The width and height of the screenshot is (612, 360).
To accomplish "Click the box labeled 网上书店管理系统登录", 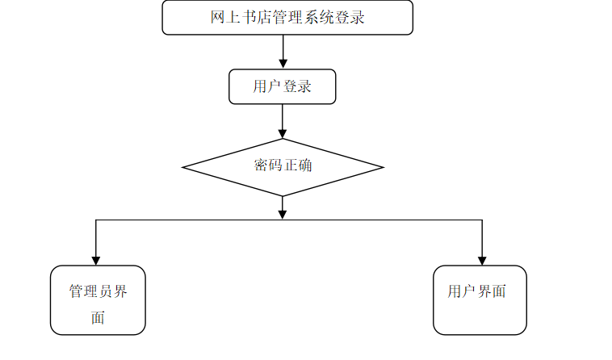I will pyautogui.click(x=287, y=18).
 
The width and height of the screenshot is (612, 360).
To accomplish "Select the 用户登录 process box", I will pyautogui.click(x=282, y=86).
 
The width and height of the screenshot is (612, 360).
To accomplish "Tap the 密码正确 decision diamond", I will pyautogui.click(x=283, y=167).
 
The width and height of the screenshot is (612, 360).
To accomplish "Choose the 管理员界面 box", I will pyautogui.click(x=98, y=300).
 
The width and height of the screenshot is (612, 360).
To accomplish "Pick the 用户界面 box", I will pyautogui.click(x=480, y=300).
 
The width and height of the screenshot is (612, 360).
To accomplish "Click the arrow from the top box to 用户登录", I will pyautogui.click(x=283, y=52).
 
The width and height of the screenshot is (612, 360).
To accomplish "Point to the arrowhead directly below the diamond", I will pyautogui.click(x=283, y=213).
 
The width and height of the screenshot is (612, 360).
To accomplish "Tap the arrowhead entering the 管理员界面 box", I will pyautogui.click(x=96, y=260).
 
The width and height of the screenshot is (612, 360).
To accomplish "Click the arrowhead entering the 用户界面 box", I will pyautogui.click(x=482, y=260).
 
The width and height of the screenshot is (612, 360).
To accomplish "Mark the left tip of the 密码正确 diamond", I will pyautogui.click(x=184, y=168).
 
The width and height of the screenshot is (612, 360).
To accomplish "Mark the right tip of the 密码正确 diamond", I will pyautogui.click(x=382, y=168).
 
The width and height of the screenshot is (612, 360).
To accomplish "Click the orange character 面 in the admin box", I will pyautogui.click(x=98, y=317).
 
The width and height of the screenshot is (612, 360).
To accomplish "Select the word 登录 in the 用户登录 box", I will pyautogui.click(x=297, y=86).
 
